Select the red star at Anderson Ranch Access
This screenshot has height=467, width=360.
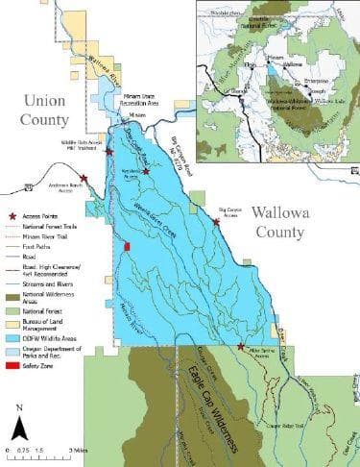pyautogui.click(x=84, y=178)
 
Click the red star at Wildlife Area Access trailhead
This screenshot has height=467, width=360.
pyautogui.click(x=108, y=152)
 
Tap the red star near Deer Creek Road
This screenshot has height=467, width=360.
pyautogui.click(x=146, y=171)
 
